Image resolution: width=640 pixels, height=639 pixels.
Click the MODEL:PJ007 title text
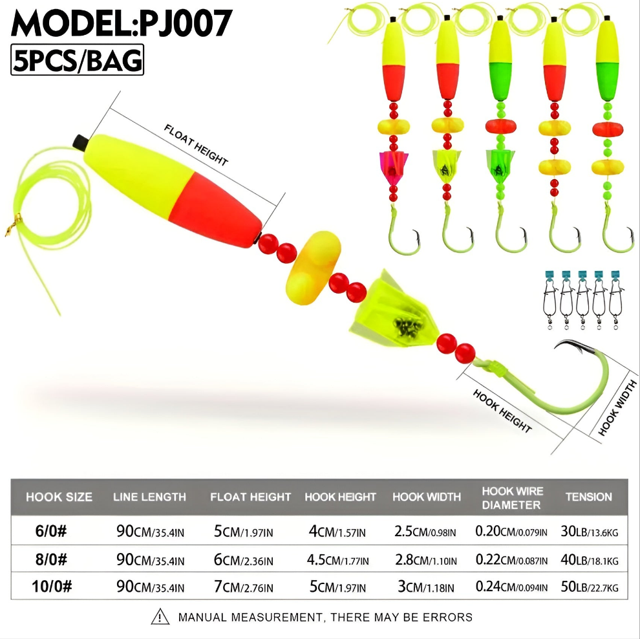pyautogui.click(x=122, y=24)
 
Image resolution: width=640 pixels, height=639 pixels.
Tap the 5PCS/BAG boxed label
pyautogui.click(x=77, y=60)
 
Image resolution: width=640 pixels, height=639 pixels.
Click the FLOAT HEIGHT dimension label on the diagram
pyautogui.click(x=196, y=145)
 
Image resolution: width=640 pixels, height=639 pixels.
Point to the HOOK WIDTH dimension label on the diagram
pyautogui.click(x=617, y=408)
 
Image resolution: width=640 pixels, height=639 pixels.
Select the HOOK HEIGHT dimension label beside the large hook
pyautogui.click(x=502, y=411)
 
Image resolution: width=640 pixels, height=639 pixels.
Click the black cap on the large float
pyautogui.click(x=81, y=142)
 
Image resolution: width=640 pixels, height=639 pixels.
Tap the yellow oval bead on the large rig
pyautogui.click(x=313, y=268)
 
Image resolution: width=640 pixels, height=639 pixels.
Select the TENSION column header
pyautogui.click(x=588, y=497)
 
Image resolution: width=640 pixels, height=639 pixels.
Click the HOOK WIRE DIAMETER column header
pyautogui.click(x=512, y=498)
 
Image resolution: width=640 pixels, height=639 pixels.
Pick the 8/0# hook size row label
pyautogui.click(x=51, y=559)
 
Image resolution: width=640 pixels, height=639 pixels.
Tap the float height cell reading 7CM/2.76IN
pyautogui.click(x=244, y=587)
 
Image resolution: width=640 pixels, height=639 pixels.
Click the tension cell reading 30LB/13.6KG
pyautogui.click(x=590, y=531)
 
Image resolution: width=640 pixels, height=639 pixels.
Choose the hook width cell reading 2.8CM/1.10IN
pyautogui.click(x=426, y=560)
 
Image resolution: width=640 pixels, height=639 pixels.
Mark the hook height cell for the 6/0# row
pyautogui.click(x=337, y=531)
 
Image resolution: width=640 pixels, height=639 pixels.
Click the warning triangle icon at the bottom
pyautogui.click(x=160, y=617)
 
